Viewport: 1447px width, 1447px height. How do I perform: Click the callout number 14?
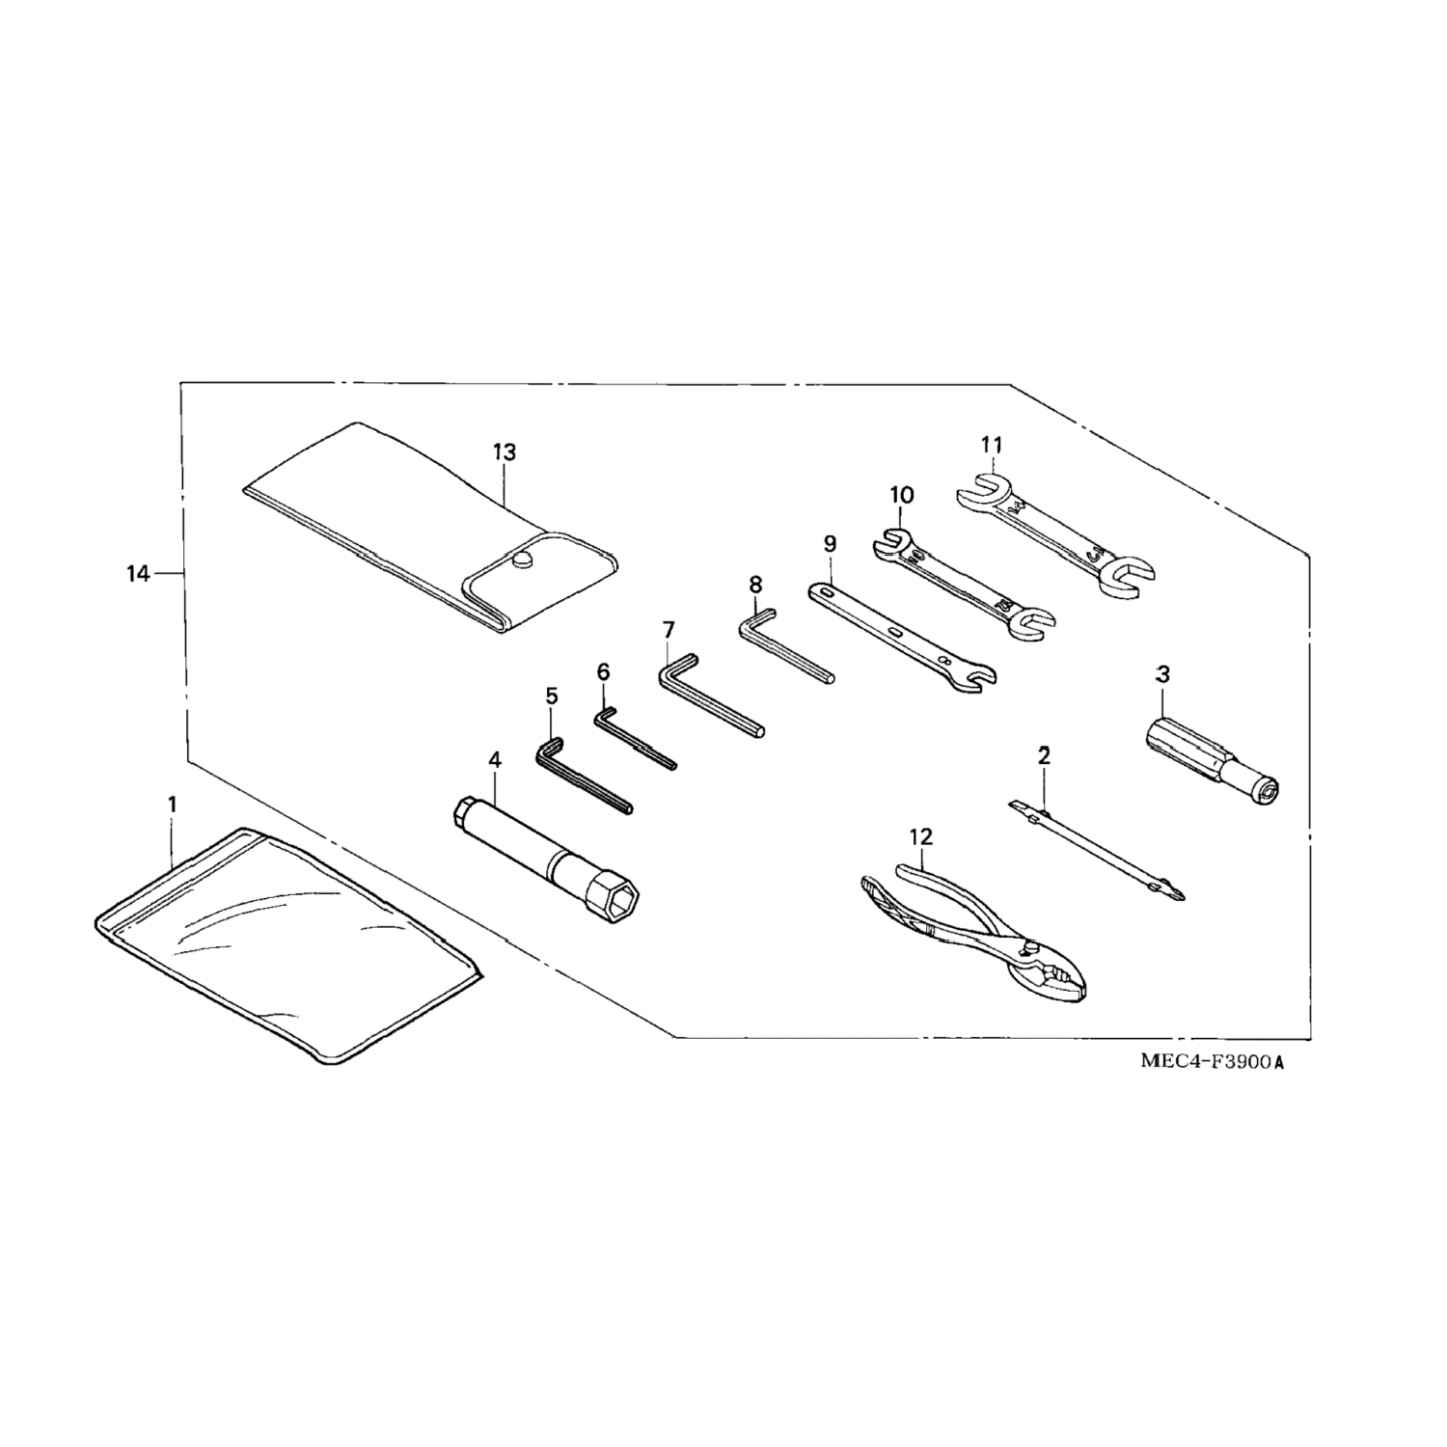pyautogui.click(x=138, y=574)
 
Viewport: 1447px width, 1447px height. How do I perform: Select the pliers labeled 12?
pyautogui.click(x=974, y=926)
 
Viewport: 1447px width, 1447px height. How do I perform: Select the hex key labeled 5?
pyautogui.click(x=579, y=777)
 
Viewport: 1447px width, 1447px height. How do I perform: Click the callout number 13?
pyautogui.click(x=504, y=451)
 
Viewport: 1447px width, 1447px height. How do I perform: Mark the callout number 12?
pyautogui.click(x=921, y=837)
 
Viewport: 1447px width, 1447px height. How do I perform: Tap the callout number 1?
pyautogui.click(x=173, y=804)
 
